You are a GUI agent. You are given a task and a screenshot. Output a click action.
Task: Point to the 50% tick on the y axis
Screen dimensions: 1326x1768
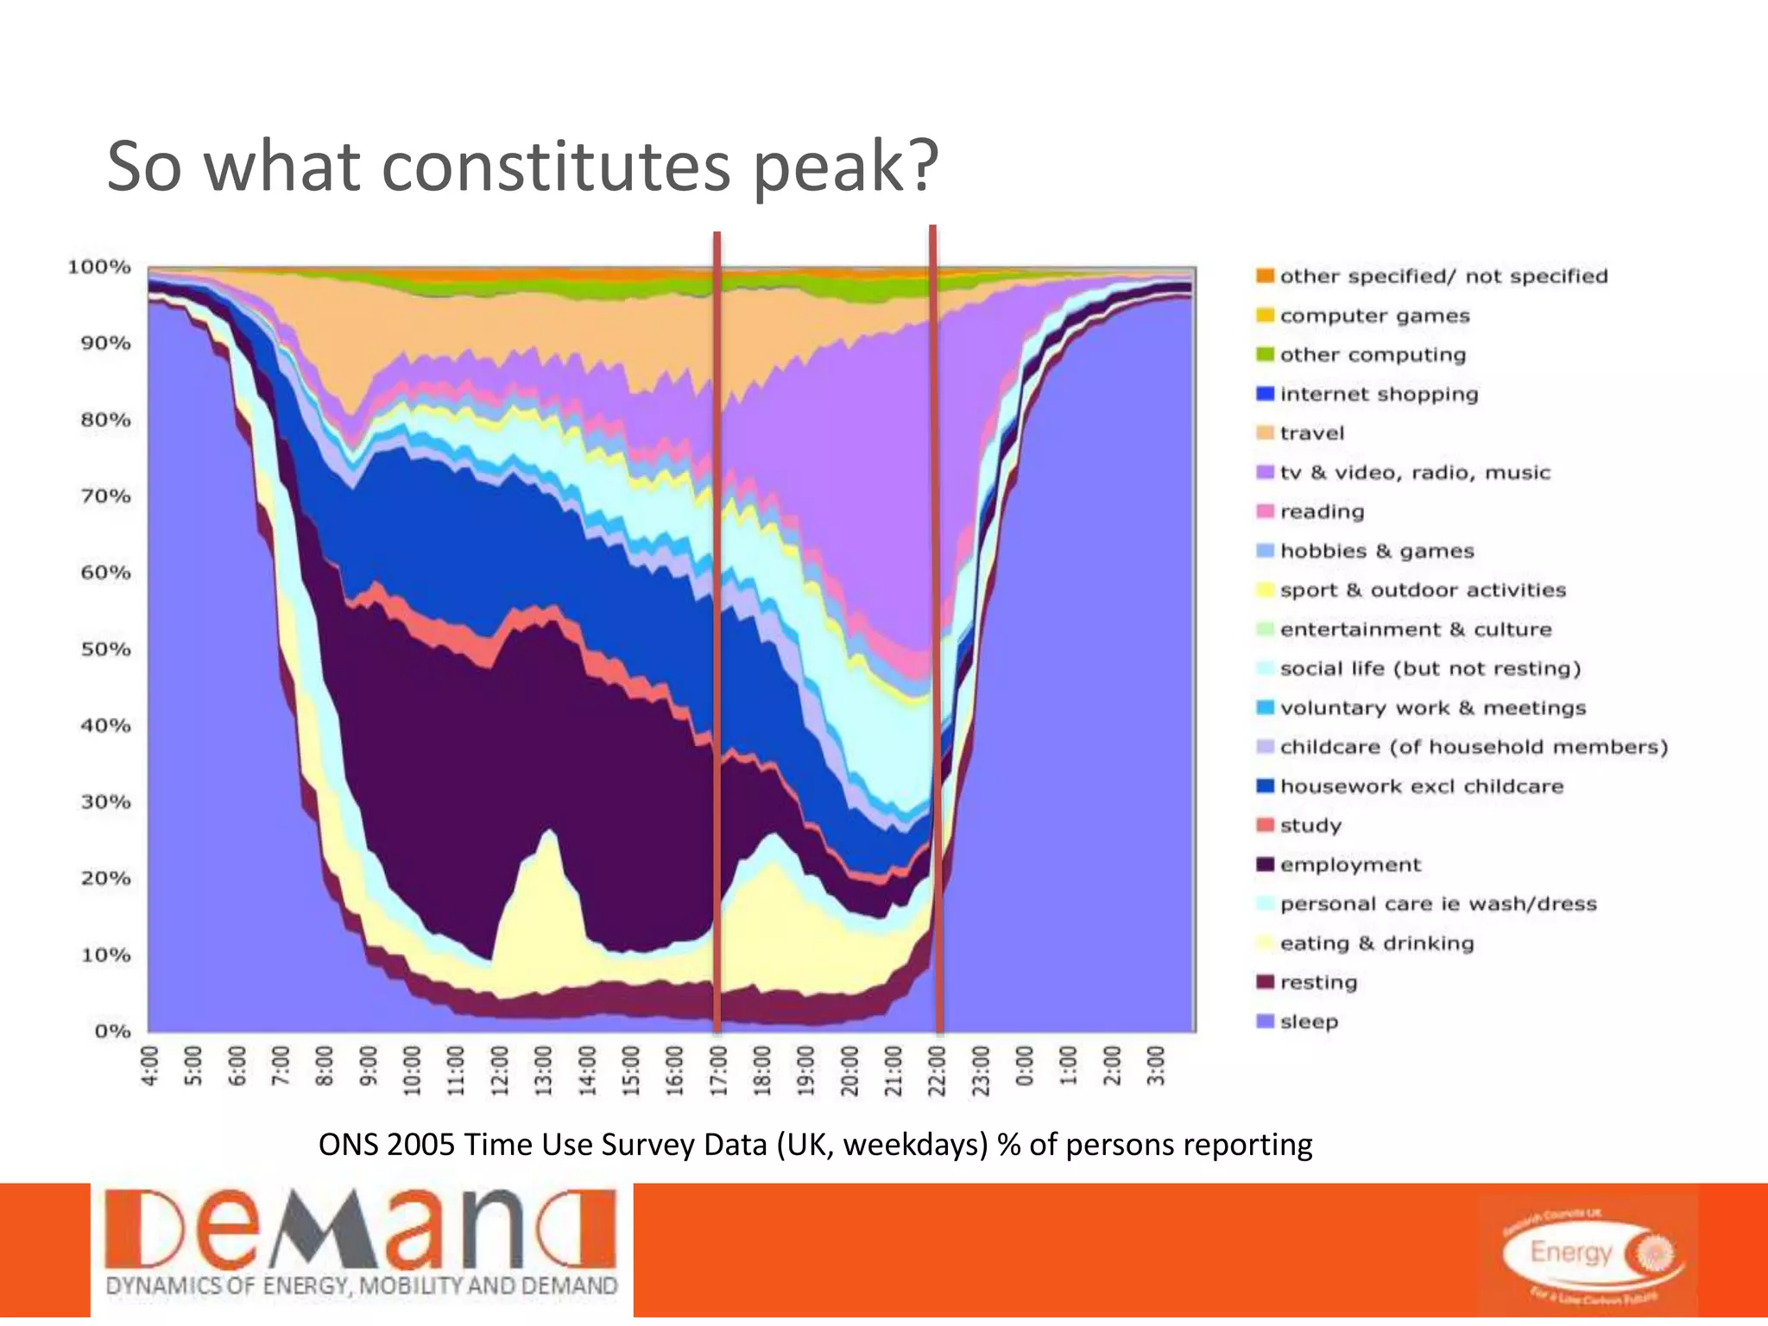(105, 649)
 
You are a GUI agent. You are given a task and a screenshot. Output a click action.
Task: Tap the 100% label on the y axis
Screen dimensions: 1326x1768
(99, 267)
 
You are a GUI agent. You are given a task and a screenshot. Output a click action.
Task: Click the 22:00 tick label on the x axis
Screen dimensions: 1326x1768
(937, 1070)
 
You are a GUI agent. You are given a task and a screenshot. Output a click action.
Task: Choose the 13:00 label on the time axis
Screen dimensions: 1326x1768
(543, 1070)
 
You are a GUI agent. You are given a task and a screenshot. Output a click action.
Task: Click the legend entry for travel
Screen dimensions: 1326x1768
(1311, 433)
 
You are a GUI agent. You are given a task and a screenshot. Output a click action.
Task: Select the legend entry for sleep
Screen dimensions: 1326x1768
(1308, 1022)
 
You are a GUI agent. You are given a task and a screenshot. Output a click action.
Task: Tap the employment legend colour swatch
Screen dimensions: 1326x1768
(1265, 864)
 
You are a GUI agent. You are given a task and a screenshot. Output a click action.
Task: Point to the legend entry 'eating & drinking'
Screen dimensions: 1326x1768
(1376, 944)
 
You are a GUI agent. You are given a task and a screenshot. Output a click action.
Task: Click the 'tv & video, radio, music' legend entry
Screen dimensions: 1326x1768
(1414, 473)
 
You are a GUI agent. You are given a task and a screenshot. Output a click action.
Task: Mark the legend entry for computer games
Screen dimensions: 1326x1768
(1373, 316)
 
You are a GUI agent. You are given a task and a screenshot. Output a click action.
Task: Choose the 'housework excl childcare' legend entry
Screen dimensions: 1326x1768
(1421, 786)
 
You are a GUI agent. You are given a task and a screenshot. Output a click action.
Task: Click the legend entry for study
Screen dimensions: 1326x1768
(1310, 826)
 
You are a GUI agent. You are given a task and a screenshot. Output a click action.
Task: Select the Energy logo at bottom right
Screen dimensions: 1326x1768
(1592, 1254)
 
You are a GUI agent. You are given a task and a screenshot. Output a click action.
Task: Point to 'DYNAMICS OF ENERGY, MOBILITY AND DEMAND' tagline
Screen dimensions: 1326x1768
(361, 1285)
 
